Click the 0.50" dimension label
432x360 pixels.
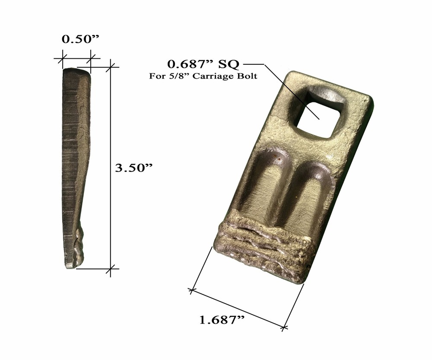point(81,39)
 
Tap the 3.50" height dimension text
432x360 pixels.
point(134,168)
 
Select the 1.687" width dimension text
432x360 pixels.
point(222,321)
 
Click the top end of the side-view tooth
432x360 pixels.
point(76,71)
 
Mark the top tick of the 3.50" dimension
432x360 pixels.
point(112,66)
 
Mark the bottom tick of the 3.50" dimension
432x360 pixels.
point(112,268)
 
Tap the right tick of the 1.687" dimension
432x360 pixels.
point(284,328)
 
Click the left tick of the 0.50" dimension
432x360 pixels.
point(63,57)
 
